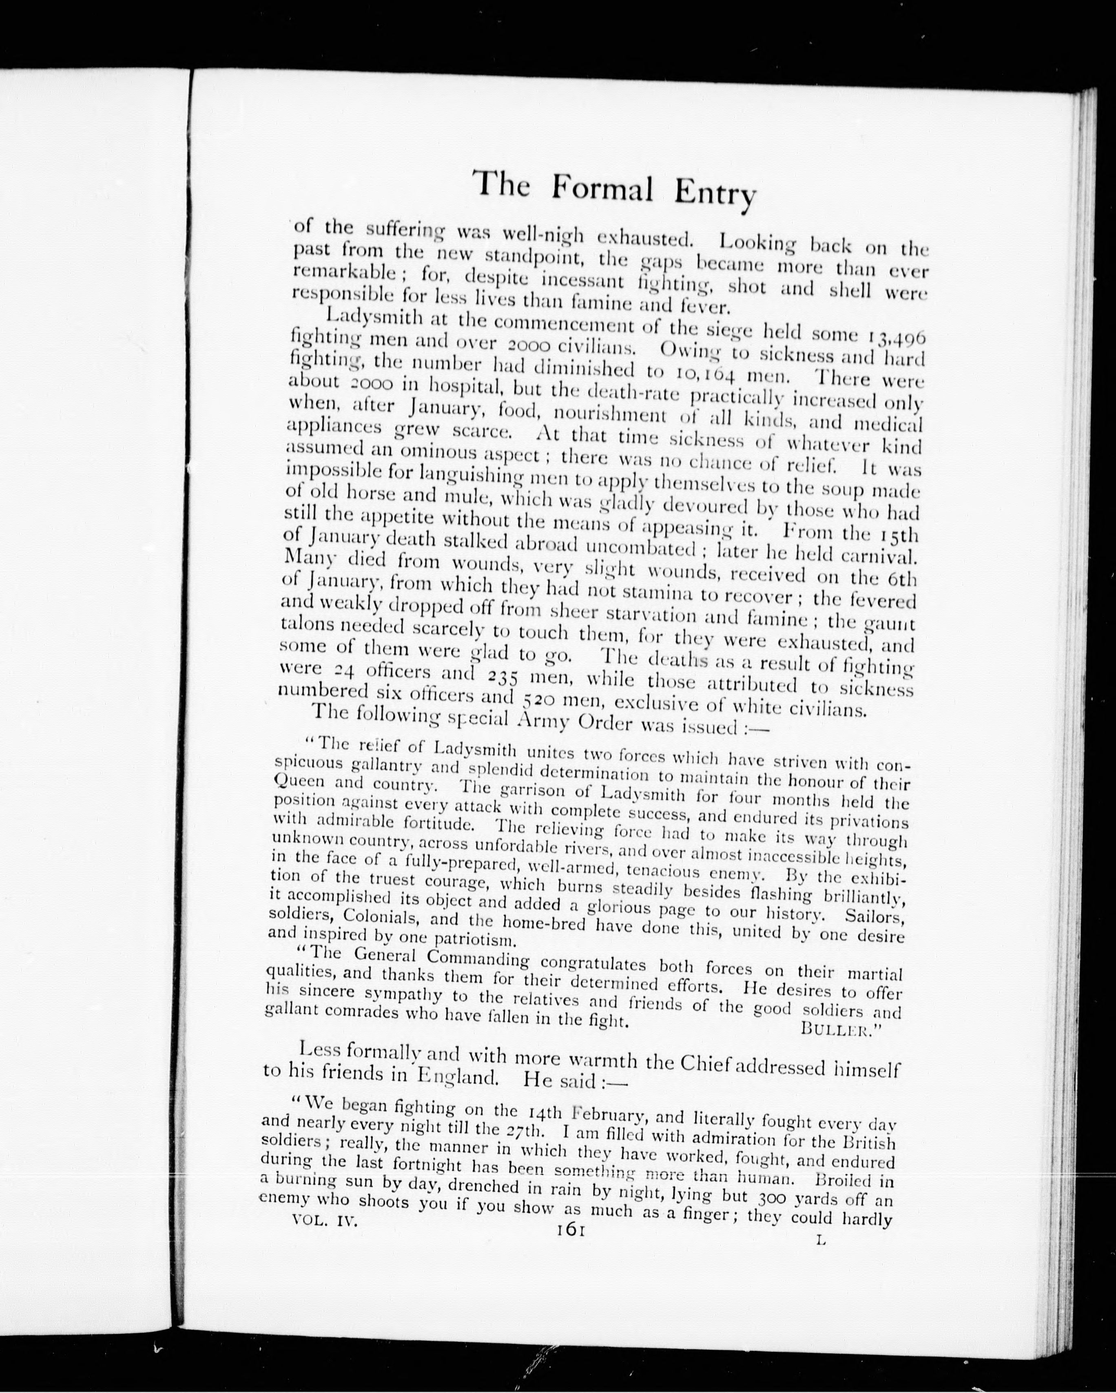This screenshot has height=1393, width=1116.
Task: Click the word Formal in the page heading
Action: pyautogui.click(x=602, y=188)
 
